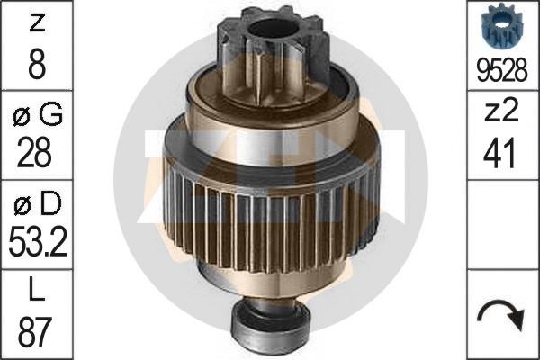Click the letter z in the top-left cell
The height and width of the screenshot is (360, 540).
(x=37, y=23)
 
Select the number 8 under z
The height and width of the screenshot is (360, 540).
(x=37, y=64)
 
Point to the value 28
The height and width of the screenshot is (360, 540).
(x=34, y=152)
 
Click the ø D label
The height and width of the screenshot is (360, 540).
(x=38, y=203)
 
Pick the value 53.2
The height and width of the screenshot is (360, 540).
(x=38, y=241)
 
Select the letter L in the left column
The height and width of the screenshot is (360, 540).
(x=37, y=290)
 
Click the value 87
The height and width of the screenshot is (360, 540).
(x=35, y=331)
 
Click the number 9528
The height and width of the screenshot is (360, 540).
(x=502, y=70)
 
